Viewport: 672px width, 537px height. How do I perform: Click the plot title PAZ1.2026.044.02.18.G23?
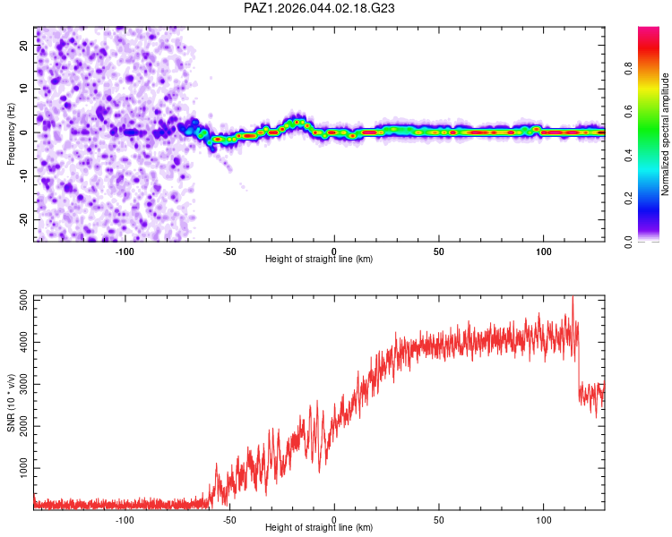click(x=320, y=8)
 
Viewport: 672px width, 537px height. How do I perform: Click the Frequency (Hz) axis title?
click(x=11, y=134)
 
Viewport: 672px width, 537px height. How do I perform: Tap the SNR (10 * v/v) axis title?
click(x=11, y=402)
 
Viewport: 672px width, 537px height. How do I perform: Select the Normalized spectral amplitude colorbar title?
click(x=666, y=134)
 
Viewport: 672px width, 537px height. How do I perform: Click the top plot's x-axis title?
click(x=319, y=259)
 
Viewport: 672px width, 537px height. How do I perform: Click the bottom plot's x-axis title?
click(x=319, y=527)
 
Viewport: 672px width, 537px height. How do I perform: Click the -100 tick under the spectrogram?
click(x=125, y=250)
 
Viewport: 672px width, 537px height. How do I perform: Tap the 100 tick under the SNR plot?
click(x=544, y=518)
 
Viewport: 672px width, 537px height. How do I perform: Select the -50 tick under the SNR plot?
click(x=229, y=518)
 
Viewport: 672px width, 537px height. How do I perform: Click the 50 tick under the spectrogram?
click(x=439, y=250)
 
